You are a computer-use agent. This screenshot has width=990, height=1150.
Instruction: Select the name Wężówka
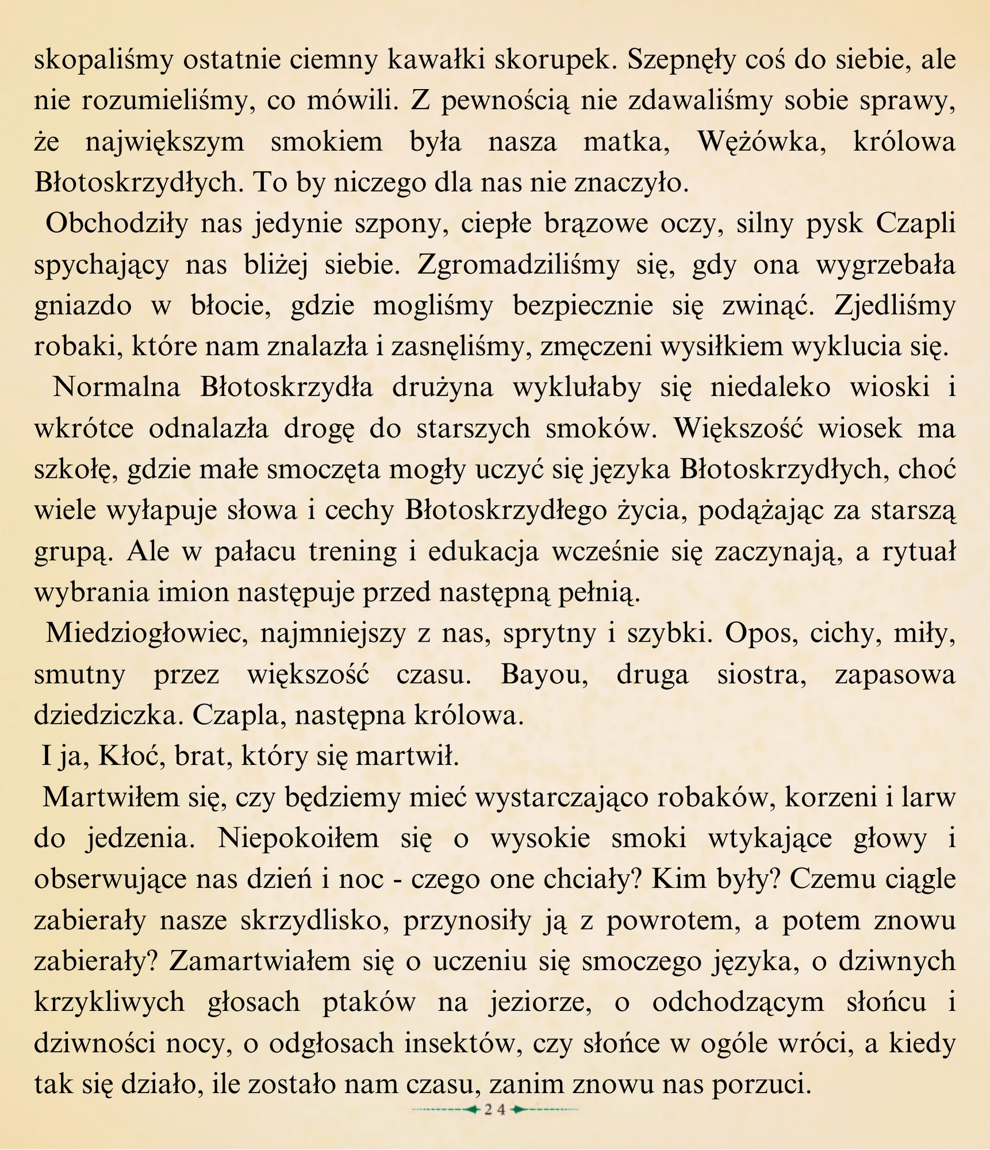tap(762, 142)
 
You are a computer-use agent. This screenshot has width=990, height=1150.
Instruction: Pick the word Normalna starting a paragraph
tap(117, 388)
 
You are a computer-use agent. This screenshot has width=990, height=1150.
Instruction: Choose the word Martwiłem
tap(108, 798)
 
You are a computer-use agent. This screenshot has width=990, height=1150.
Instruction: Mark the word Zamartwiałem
tap(260, 962)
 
